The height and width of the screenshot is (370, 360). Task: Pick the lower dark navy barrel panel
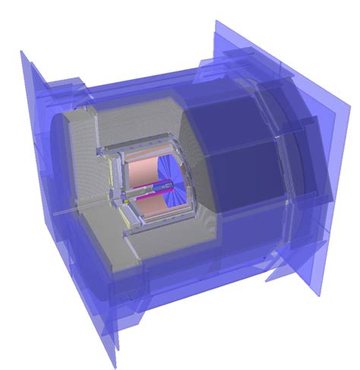coord(251,182)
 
